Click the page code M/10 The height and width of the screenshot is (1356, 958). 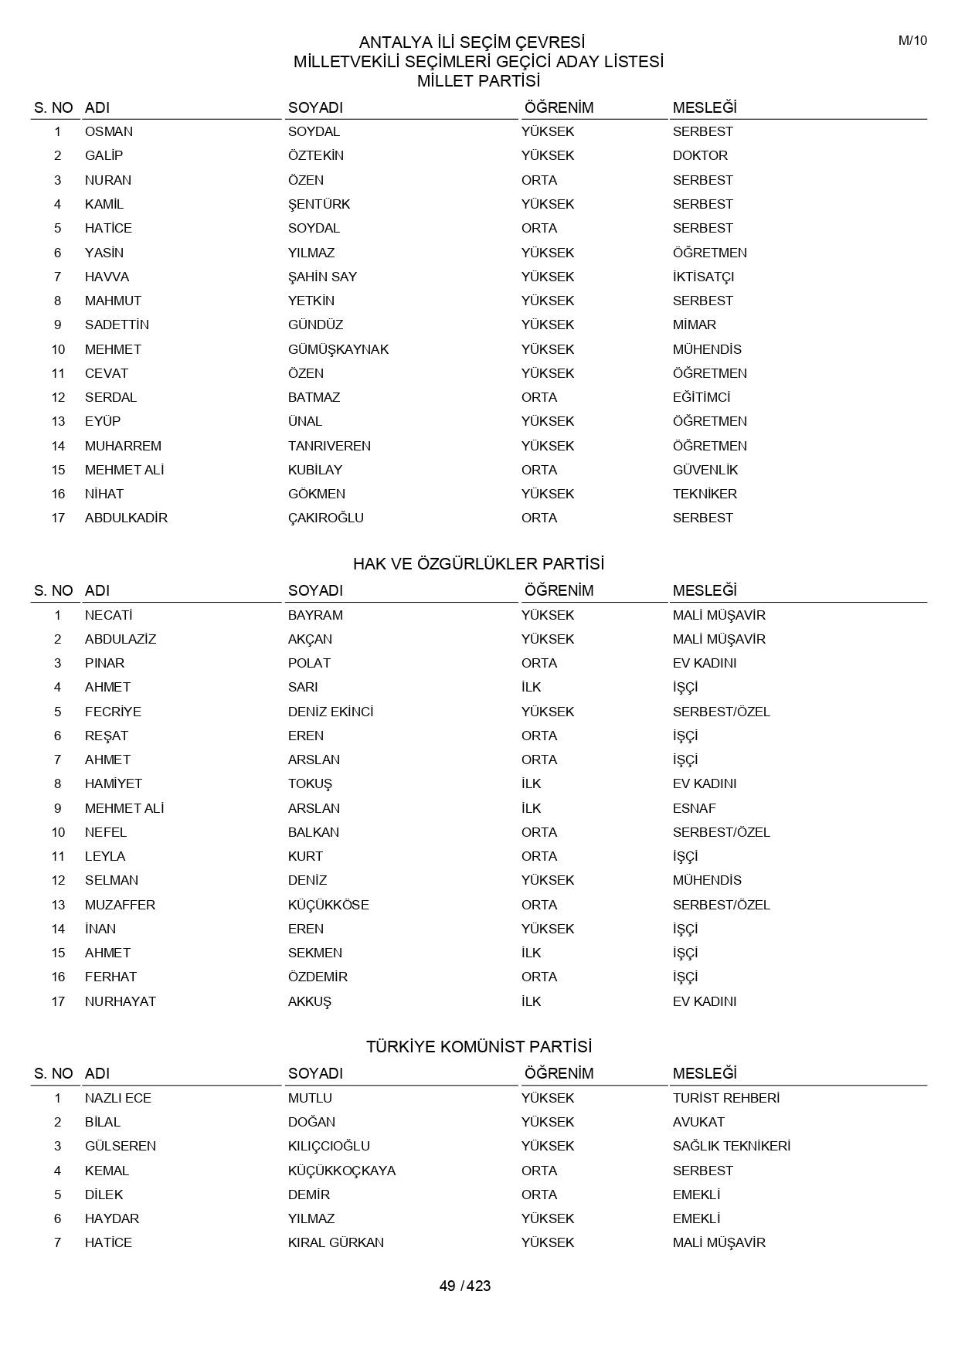912,41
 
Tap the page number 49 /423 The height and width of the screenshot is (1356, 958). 465,1286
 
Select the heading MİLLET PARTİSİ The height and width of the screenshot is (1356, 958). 478,81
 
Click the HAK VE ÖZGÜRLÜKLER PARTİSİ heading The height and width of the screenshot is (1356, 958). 478,564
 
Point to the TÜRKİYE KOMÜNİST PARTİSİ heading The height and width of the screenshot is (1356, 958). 478,1047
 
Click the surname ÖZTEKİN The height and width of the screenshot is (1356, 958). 316,155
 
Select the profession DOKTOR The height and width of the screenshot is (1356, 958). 700,155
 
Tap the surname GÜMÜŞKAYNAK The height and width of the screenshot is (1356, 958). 338,349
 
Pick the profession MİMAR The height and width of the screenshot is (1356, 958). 695,325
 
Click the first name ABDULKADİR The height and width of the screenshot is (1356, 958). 126,518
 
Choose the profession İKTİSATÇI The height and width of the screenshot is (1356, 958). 703,277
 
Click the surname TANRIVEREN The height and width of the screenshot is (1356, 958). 329,446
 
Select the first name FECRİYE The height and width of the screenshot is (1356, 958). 113,712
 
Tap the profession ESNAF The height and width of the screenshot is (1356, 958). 695,808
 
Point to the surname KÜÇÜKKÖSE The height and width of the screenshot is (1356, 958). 328,905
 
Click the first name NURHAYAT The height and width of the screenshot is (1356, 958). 121,1001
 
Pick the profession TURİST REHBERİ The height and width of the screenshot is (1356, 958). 726,1098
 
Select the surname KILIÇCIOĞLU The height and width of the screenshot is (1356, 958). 329,1146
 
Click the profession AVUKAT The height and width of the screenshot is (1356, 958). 698,1122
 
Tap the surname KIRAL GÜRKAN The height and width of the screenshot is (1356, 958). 336,1242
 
